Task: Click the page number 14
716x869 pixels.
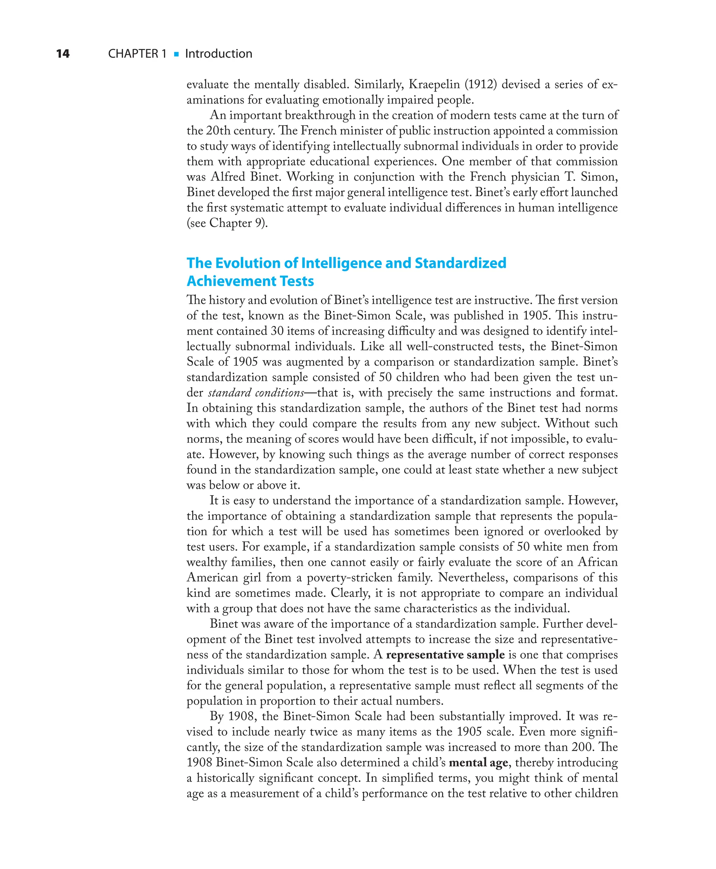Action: tap(63, 54)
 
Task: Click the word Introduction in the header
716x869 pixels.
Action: tap(219, 54)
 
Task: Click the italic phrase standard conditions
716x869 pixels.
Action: tap(256, 392)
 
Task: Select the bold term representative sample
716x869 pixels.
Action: tap(445, 655)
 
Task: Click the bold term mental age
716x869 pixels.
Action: tap(478, 763)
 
